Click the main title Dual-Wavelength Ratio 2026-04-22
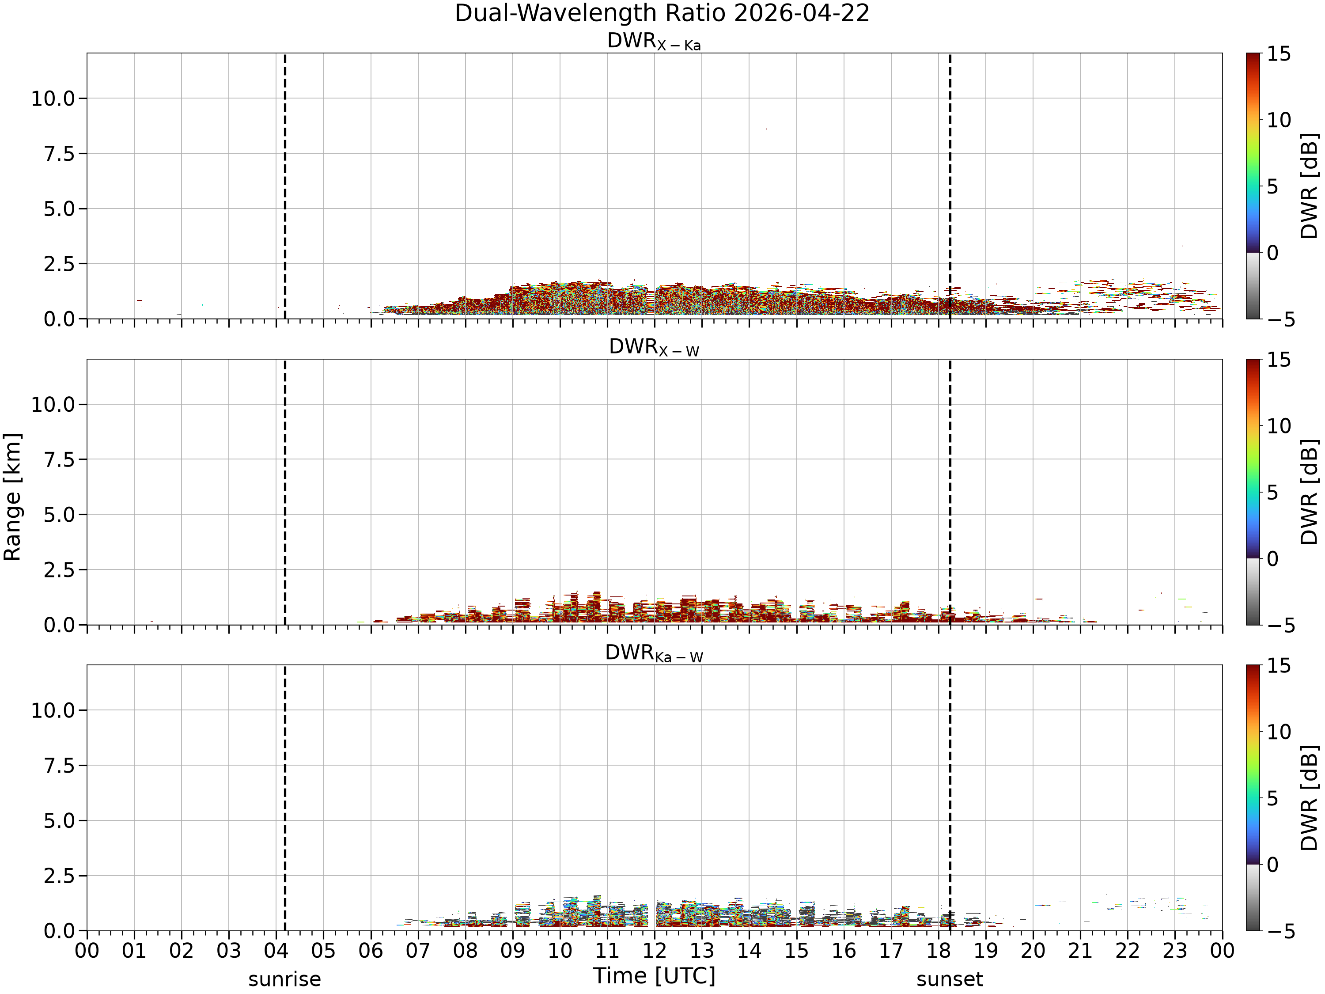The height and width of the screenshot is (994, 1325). pos(662,13)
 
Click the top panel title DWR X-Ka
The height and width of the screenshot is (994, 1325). pos(654,42)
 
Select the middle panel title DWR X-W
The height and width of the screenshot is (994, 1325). pos(654,348)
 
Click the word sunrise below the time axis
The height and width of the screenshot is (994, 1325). pos(284,979)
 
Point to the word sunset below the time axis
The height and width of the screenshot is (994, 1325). pos(950,979)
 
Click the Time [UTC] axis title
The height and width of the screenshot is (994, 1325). pos(654,975)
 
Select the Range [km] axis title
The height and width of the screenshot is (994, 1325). pos(12,497)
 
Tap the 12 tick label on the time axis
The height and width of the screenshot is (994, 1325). pos(654,951)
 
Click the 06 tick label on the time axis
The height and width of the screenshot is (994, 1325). pos(371,951)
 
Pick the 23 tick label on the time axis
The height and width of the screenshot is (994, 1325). pos(1175,951)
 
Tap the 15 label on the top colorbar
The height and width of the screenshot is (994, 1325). pos(1279,54)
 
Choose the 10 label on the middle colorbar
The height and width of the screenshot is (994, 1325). pos(1279,426)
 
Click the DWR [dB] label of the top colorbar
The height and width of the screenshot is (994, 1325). pos(1310,186)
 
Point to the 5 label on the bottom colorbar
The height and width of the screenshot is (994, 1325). pos(1273,799)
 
